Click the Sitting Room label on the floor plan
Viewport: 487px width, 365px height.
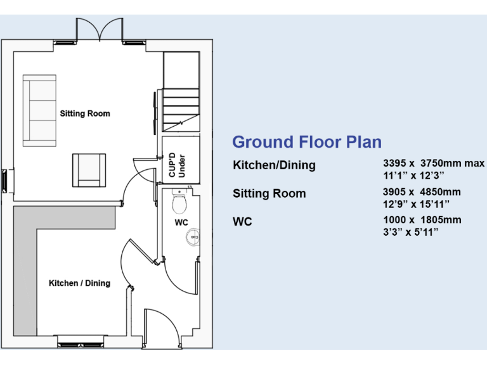point(85,114)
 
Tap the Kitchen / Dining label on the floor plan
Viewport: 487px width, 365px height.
point(79,283)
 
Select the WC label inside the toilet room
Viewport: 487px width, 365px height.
point(181,222)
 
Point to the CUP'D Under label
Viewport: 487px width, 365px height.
point(177,164)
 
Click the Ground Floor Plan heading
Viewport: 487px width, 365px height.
point(307,142)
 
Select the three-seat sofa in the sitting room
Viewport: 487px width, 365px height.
point(40,112)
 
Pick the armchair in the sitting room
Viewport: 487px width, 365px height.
point(88,170)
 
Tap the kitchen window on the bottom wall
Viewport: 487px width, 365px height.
point(81,344)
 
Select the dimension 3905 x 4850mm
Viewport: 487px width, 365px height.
point(422,192)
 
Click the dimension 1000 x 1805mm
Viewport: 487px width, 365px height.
point(422,220)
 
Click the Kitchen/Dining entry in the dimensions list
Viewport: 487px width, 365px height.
point(274,165)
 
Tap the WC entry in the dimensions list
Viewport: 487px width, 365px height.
point(242,222)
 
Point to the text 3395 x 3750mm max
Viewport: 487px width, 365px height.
point(433,164)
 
